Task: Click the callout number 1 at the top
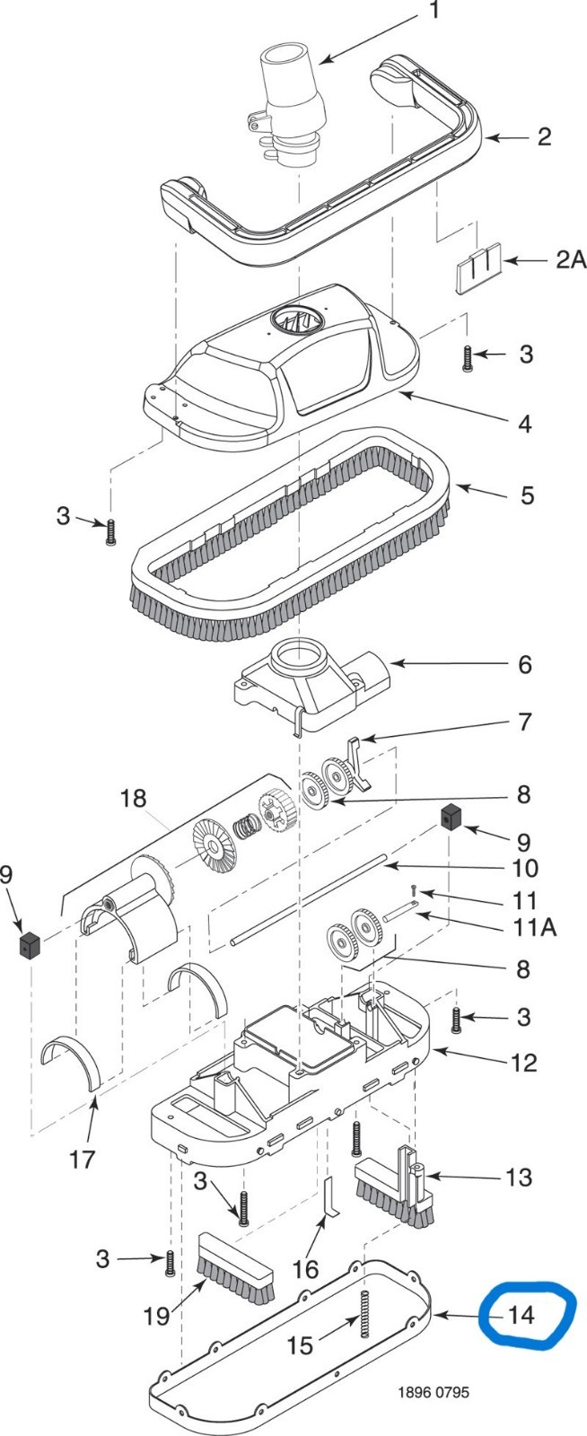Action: [x=435, y=10]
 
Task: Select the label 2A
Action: [x=570, y=259]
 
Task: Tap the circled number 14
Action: [x=521, y=1316]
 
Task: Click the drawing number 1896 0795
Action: [x=434, y=1392]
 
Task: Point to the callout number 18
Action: [x=134, y=799]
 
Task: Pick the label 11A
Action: [x=535, y=927]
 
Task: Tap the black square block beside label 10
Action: [x=451, y=818]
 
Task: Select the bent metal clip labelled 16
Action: [x=331, y=1195]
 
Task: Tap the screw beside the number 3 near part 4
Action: [x=467, y=359]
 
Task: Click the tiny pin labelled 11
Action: [x=415, y=889]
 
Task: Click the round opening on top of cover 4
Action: [x=295, y=319]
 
